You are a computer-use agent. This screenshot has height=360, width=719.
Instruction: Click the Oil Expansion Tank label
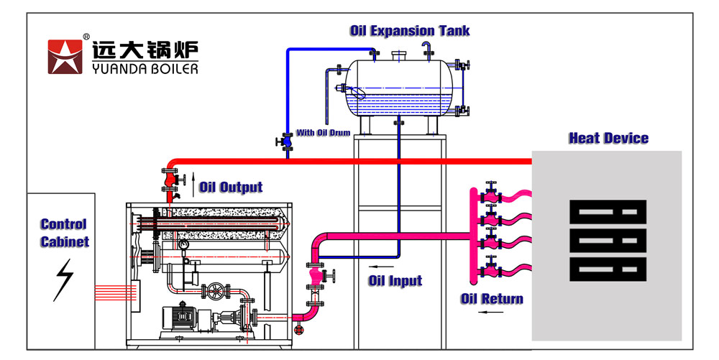coord(410,31)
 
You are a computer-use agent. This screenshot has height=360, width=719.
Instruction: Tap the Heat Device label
coord(608,138)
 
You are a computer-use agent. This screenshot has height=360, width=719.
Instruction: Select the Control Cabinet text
coord(64,233)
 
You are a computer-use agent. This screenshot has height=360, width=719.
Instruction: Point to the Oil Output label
coord(230,188)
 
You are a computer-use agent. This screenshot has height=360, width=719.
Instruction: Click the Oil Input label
coord(395,280)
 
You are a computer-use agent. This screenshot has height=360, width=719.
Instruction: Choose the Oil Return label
coord(492,298)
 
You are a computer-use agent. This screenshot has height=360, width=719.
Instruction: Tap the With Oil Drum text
coord(324,134)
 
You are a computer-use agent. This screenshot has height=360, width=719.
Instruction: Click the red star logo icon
coord(66,57)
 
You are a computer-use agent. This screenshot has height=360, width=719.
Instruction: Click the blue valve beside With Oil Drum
coord(288,142)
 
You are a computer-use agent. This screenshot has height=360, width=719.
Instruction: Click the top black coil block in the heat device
coord(607,212)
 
